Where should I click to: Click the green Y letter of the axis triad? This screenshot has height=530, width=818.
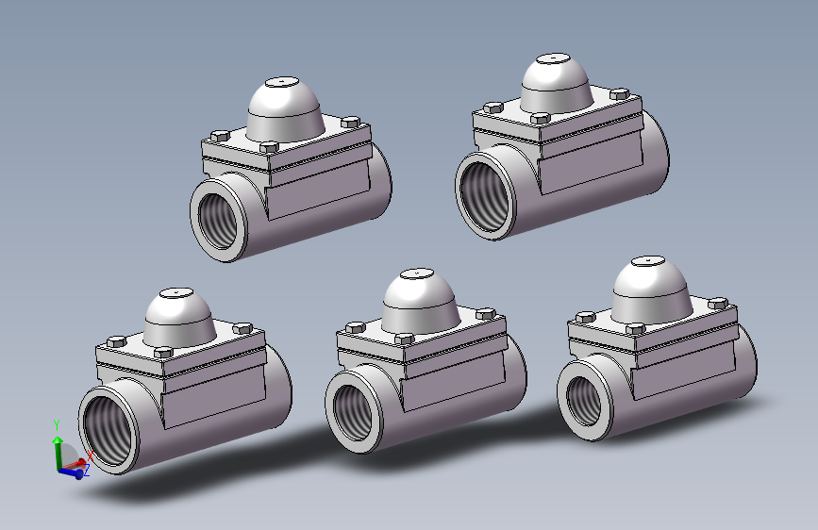(57, 425)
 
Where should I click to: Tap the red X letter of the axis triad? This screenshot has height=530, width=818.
(90, 455)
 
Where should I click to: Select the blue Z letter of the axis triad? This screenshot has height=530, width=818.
(87, 471)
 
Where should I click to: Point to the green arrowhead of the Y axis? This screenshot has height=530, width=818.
(58, 440)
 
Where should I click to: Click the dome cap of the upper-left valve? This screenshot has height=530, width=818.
(284, 109)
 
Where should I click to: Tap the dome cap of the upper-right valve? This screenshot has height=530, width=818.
(556, 85)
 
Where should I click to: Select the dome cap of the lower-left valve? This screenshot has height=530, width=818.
(179, 318)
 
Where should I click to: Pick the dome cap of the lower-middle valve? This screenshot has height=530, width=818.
(420, 301)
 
